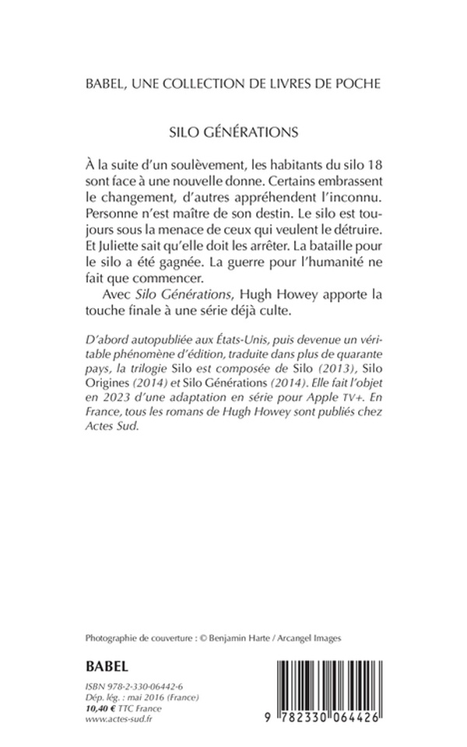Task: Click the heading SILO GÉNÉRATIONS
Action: pyautogui.click(x=233, y=130)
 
